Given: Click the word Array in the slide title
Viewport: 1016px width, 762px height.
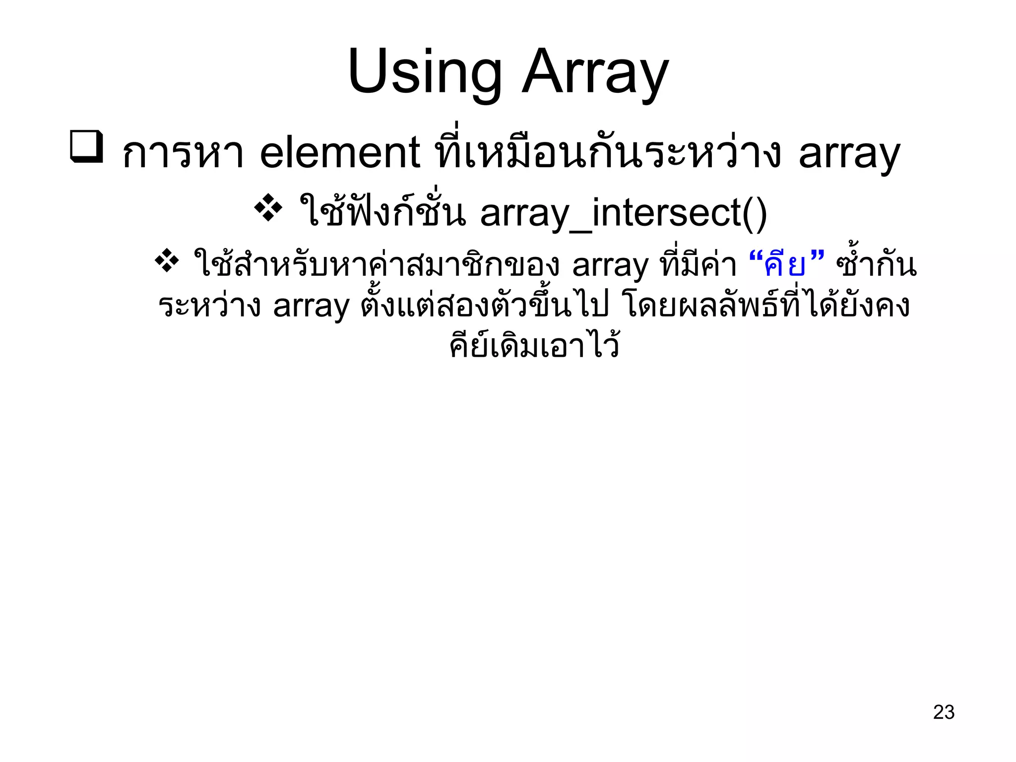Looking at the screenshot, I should pyautogui.click(x=595, y=73).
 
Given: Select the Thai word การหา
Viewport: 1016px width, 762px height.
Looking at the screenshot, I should pyautogui.click(x=183, y=154).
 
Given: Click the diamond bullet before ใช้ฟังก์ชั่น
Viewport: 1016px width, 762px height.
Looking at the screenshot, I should pyautogui.click(x=268, y=207).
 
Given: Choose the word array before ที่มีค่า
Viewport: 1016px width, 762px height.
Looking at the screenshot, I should pyautogui.click(x=610, y=266).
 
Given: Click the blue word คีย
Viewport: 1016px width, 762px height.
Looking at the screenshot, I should pyautogui.click(x=785, y=265).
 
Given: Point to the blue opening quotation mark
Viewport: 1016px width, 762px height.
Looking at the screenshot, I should pyautogui.click(x=755, y=258).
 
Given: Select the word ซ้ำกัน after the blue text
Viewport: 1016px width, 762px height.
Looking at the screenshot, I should pyautogui.click(x=876, y=265).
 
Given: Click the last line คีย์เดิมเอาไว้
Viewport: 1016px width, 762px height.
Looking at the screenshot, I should pyautogui.click(x=534, y=345).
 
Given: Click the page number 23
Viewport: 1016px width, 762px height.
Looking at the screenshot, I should pyautogui.click(x=944, y=712).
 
